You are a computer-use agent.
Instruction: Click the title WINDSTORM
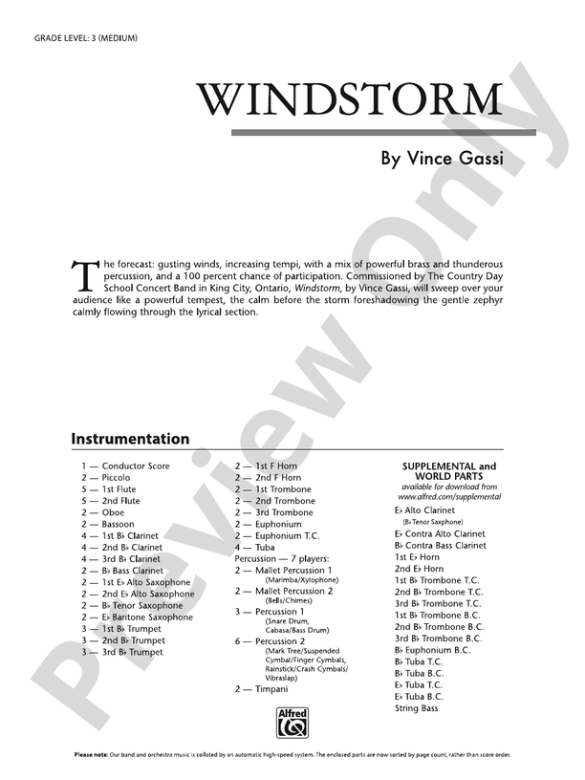(350, 100)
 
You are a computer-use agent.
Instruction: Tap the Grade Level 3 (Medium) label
(86, 37)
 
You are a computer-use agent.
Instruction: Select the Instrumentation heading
(130, 440)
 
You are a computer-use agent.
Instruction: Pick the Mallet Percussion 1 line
(292, 571)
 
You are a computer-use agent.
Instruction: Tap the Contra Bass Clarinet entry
(445, 545)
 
